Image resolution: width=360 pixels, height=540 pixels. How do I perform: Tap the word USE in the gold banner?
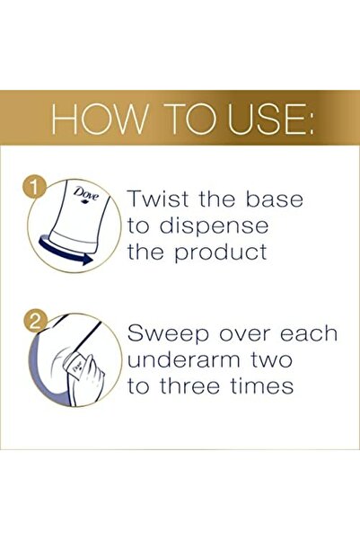pyautogui.click(x=264, y=120)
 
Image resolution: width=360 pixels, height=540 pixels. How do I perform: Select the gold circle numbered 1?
pyautogui.click(x=34, y=188)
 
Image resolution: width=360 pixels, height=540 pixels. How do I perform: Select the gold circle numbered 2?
pyautogui.click(x=34, y=323)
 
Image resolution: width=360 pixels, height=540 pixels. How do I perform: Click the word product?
pyautogui.click(x=220, y=252)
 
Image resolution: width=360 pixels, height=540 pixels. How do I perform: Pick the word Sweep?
pyautogui.click(x=168, y=334)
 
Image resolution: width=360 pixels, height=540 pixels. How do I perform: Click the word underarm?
pyautogui.click(x=185, y=360)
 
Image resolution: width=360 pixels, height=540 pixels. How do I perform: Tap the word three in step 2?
pyautogui.click(x=189, y=385)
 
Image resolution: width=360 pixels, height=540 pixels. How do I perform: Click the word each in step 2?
pyautogui.click(x=308, y=333)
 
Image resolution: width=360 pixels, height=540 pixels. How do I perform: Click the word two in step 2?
pyautogui.click(x=272, y=360)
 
